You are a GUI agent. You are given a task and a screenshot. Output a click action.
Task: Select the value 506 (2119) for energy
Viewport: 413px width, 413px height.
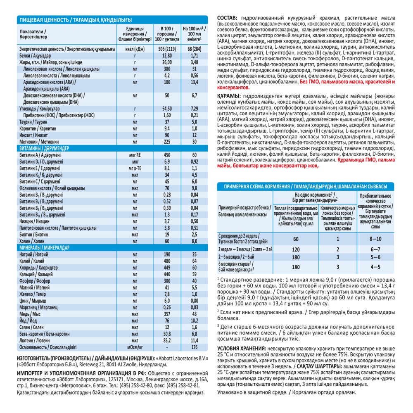167,48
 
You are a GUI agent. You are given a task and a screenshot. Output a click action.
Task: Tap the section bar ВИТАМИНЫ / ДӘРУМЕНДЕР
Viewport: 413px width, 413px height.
44,147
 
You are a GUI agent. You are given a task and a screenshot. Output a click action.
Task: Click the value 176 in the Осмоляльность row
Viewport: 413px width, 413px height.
194,347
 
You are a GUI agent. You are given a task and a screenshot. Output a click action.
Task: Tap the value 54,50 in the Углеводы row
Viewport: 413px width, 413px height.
167,108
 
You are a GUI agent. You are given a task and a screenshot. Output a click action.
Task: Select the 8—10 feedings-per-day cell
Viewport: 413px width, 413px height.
375,239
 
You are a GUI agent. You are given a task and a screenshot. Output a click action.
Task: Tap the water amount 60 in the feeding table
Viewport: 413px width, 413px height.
296,239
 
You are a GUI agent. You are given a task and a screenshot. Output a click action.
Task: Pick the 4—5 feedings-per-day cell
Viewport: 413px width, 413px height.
375,267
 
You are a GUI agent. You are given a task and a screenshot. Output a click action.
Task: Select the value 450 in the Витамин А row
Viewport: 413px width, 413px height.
167,155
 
